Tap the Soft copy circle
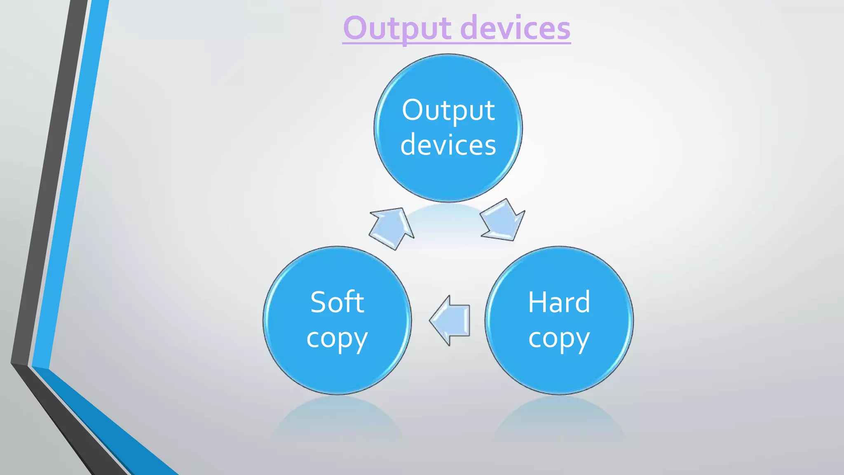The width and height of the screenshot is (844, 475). tap(337, 371)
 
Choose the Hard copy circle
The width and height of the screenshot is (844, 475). tap(559, 371)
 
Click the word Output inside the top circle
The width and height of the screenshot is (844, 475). tap(448, 111)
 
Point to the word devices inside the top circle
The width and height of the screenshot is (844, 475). tap(448, 145)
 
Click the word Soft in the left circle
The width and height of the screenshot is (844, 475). tap(337, 302)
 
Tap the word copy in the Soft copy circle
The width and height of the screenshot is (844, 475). tap(337, 339)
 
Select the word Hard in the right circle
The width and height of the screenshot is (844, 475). tap(559, 302)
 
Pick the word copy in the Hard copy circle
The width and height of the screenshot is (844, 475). tap(559, 339)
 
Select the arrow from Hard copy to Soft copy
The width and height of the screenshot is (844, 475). tap(450, 320)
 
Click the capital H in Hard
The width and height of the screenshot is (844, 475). tap(537, 302)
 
